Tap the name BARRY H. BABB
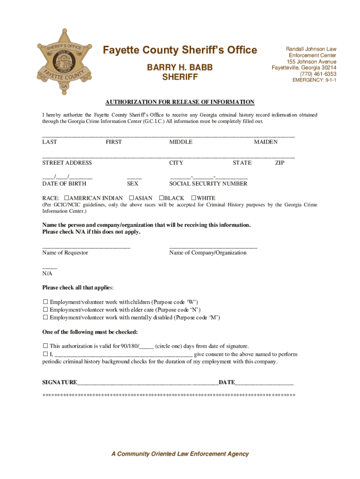pos(180,68)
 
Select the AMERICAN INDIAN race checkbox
pos(67,198)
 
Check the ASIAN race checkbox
pos(131,198)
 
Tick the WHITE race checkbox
pos(194,198)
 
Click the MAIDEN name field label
pos(266,142)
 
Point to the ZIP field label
pos(280,163)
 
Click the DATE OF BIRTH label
pos(64,184)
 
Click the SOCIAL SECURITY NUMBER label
pos(208,184)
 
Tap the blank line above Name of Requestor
pos(86,246)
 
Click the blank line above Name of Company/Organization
pos(213,246)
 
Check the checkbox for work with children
pos(46,302)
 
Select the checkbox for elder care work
pos(46,310)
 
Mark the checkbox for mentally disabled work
pos(46,317)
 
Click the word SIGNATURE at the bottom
pos(59,382)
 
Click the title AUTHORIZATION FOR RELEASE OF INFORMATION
pos(180,102)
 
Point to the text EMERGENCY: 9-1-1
pos(314,80)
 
